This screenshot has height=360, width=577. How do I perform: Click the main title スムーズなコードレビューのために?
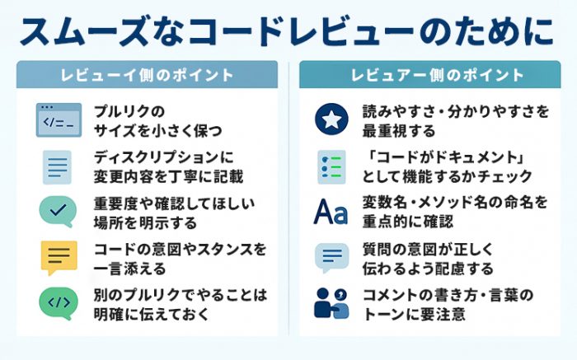coord(287,30)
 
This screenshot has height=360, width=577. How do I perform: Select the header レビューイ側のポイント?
coord(148,75)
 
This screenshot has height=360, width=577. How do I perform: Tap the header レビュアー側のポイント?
coord(437,75)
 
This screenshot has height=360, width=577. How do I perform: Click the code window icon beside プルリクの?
coord(59,120)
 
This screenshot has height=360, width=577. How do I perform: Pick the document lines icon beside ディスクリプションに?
coord(57,167)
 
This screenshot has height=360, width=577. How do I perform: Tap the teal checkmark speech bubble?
coord(59,212)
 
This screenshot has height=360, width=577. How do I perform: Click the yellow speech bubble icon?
coord(59,258)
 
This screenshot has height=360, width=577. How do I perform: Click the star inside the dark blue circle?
coord(331,119)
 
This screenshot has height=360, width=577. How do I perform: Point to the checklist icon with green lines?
coord(331,167)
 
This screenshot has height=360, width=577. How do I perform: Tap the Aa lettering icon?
coord(331,212)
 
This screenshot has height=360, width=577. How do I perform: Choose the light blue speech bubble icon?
coord(331,258)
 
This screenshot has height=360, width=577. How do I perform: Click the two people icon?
coord(331,303)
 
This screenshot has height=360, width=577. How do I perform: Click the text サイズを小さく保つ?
coord(158,130)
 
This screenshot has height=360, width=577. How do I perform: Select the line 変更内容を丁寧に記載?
coord(168,176)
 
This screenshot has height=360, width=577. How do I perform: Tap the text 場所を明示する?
coord(145,222)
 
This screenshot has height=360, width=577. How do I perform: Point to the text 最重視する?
coord(399,130)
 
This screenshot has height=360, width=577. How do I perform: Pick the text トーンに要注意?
coord(414,314)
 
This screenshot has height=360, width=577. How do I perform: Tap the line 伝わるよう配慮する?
coord(428,269)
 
